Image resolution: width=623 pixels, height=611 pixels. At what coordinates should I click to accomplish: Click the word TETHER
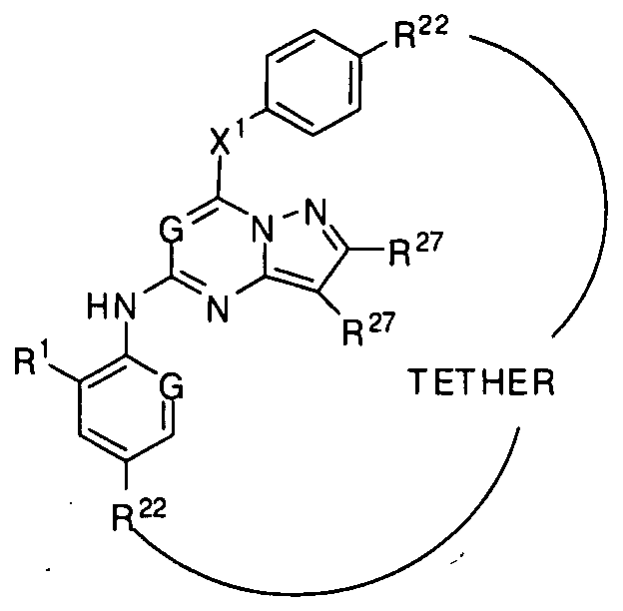(481, 381)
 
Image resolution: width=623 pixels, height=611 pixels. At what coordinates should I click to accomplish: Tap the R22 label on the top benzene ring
(420, 33)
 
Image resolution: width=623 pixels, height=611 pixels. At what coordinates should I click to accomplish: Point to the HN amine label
(112, 306)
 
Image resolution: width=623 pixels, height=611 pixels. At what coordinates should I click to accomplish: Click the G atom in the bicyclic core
(172, 230)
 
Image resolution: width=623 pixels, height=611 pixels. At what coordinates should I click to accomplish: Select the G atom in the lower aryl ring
(172, 384)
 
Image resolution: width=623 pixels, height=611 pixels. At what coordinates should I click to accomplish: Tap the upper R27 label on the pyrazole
(415, 250)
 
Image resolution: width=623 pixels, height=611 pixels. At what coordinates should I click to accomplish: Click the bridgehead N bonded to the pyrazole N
(263, 230)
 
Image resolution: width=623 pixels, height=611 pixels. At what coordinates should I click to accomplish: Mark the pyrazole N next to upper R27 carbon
(315, 212)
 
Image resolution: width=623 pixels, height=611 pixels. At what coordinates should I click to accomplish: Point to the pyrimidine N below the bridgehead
(218, 308)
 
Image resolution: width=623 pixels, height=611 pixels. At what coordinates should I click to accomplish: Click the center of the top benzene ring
(313, 82)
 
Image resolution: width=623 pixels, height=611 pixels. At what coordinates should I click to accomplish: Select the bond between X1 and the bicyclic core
(218, 175)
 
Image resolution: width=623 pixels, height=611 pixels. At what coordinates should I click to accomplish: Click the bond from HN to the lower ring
(127, 336)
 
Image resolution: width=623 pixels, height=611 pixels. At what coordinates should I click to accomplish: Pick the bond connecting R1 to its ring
(64, 374)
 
